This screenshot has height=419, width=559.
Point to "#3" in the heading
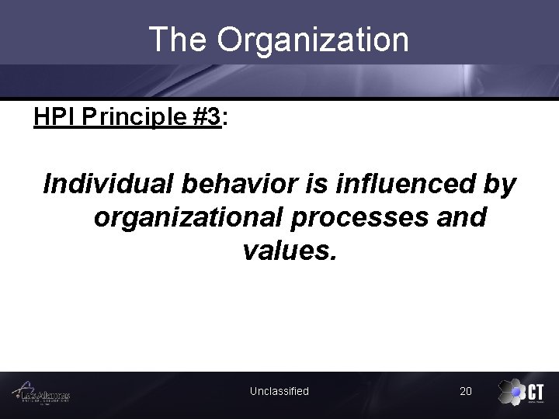coord(206,117)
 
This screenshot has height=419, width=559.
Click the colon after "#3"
coord(225,119)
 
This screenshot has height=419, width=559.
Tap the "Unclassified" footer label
coord(279,391)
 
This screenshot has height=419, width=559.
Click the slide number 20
coord(465,391)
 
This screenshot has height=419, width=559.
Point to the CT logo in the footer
coord(521,392)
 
